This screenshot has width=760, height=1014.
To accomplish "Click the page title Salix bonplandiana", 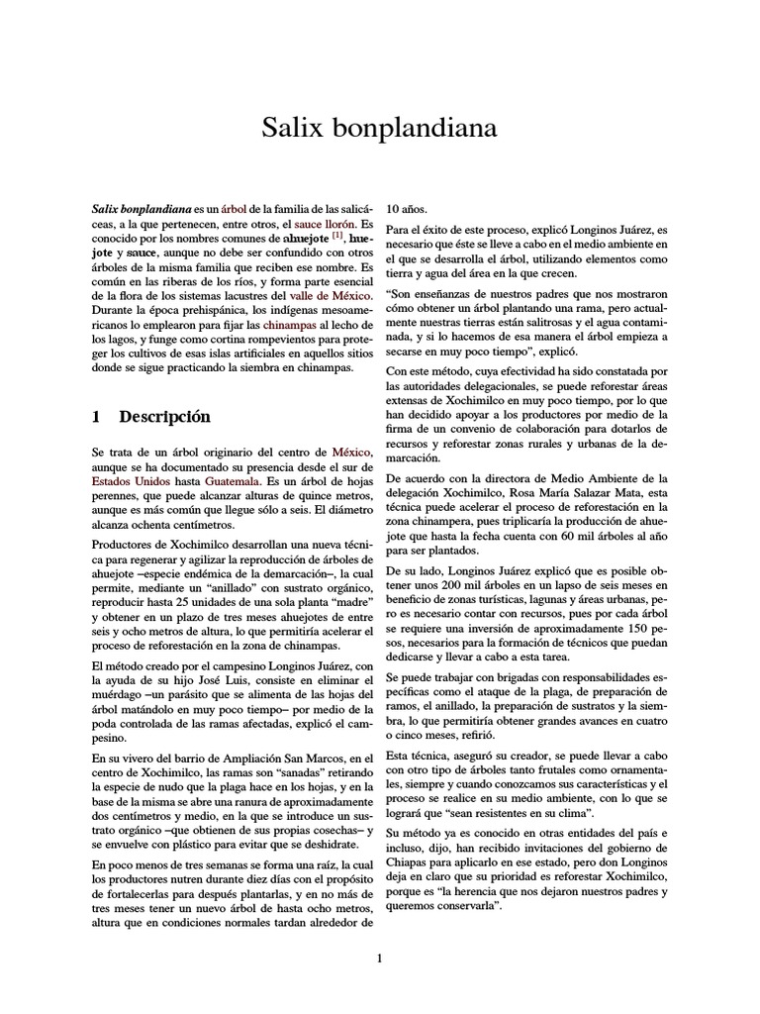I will (379, 128).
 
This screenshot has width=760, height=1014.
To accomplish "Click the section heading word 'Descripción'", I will (164, 416).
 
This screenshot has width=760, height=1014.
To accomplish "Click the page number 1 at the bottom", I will (379, 958).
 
